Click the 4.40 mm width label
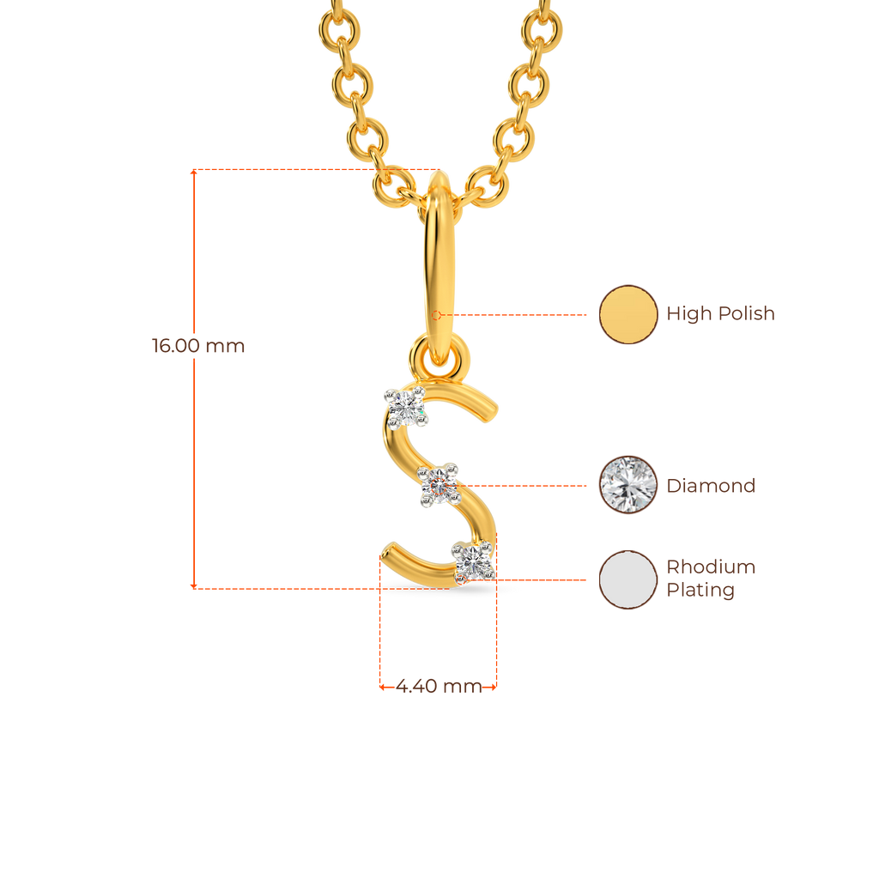[x=439, y=687]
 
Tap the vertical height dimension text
[x=198, y=347]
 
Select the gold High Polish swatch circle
[x=628, y=314]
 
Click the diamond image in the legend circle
[x=628, y=485]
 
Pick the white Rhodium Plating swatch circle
[x=628, y=579]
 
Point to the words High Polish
[x=720, y=314]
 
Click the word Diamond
[x=711, y=486]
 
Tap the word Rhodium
[x=711, y=567]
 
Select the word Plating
[x=700, y=591]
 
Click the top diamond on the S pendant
[x=405, y=407]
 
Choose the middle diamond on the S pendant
[x=440, y=485]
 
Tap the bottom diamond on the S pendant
[x=471, y=562]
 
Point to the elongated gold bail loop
[x=439, y=258]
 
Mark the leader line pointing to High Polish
[x=524, y=314]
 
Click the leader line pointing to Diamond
[x=528, y=486]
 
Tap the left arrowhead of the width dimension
[x=382, y=687]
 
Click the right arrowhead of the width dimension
[x=494, y=687]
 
